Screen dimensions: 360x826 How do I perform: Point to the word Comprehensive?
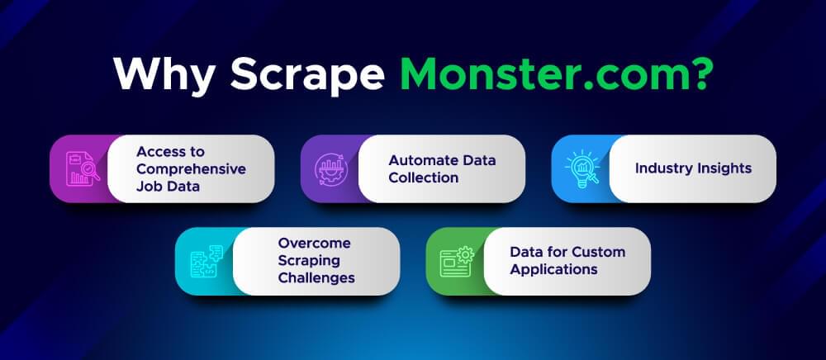pos(191,168)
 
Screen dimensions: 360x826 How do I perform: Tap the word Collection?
pos(423,177)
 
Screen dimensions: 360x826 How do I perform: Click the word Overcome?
pos(314,243)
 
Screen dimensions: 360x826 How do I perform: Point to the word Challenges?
pos(316,278)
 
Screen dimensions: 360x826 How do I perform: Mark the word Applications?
pos(553,269)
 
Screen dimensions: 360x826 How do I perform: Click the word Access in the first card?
pos(159,151)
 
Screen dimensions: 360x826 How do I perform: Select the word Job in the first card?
pos(149,186)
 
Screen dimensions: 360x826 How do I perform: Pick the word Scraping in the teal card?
pos(310,261)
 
